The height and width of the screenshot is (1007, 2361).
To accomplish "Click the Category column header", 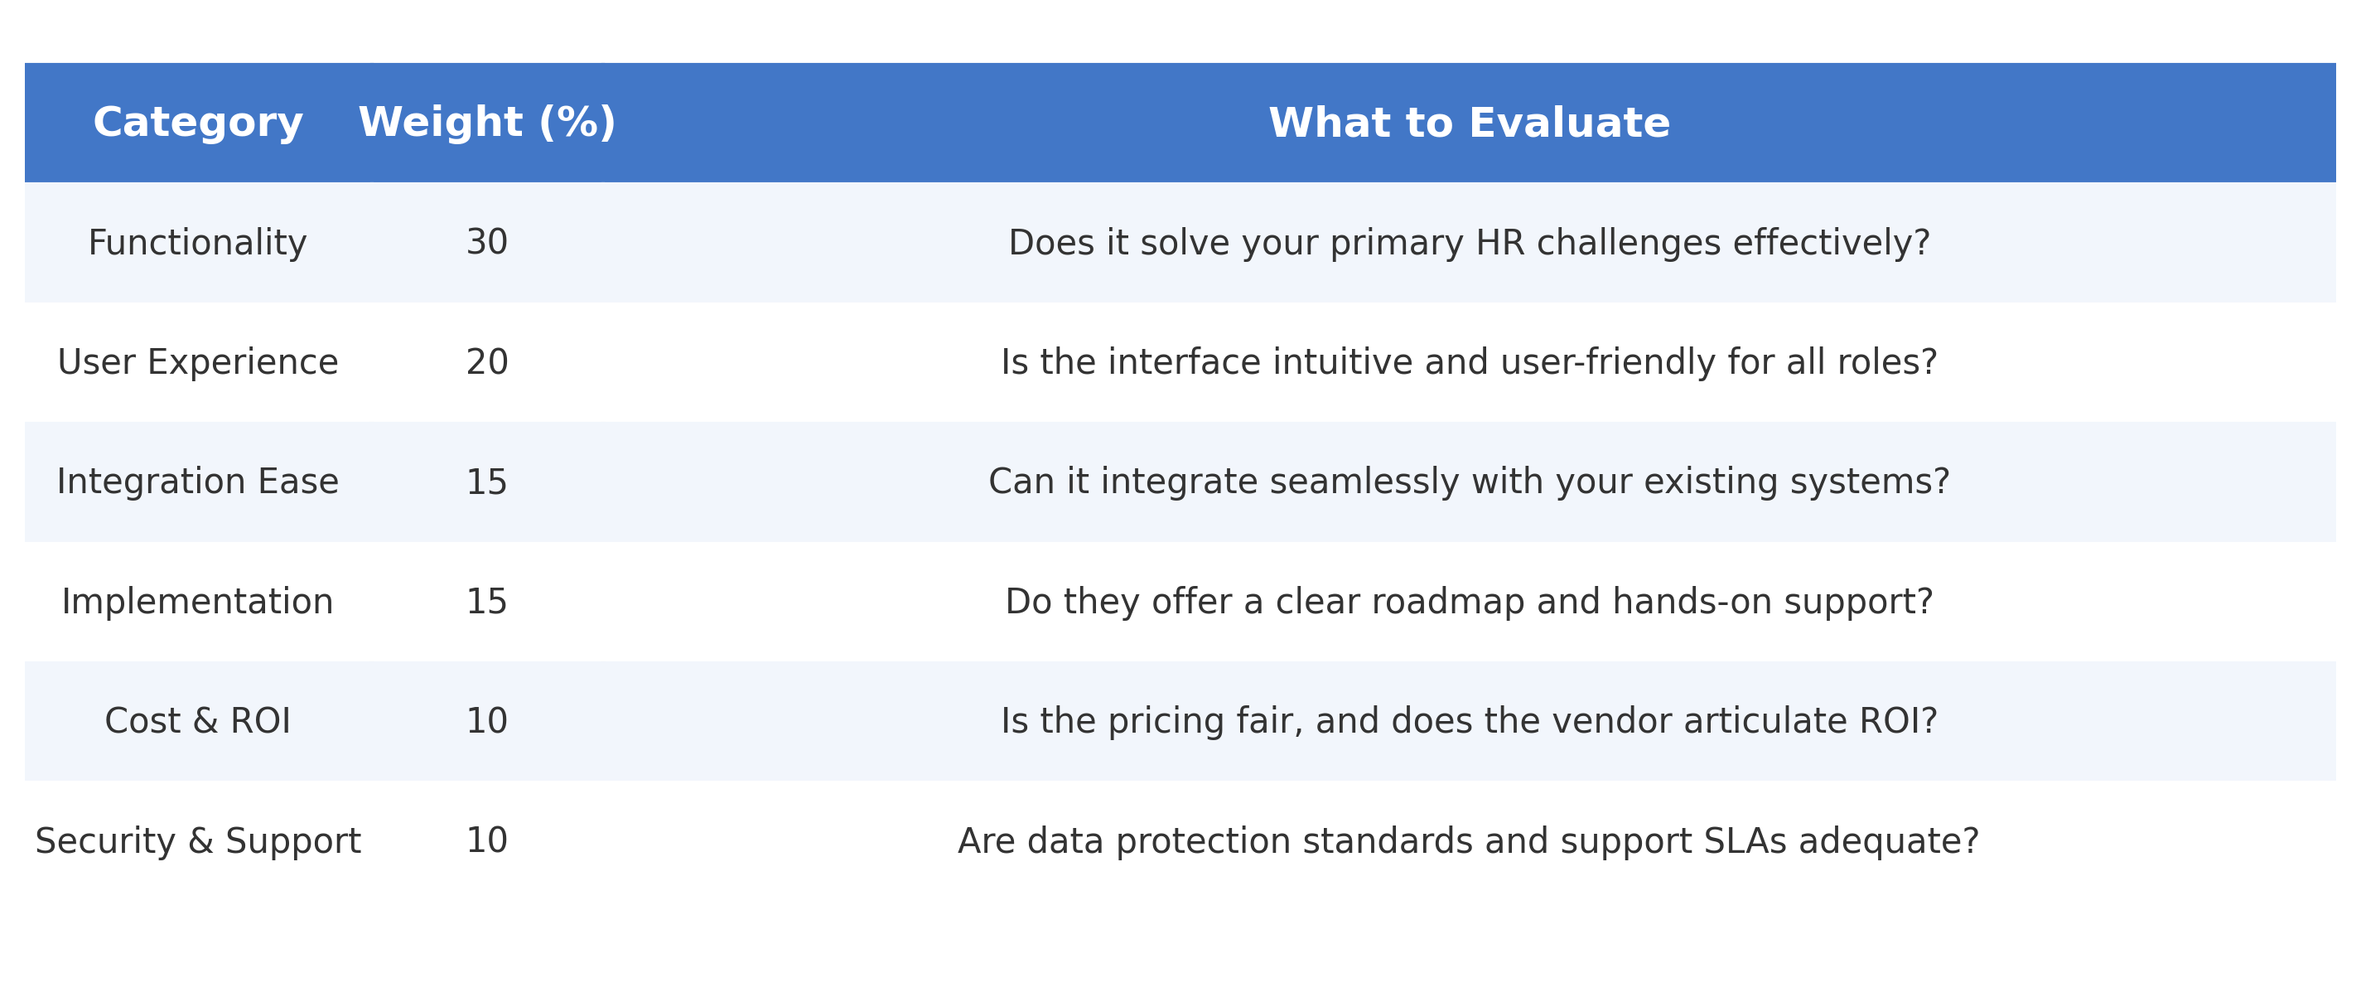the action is pyautogui.click(x=198, y=123).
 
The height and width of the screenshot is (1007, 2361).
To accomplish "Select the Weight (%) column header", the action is pyautogui.click(x=486, y=123).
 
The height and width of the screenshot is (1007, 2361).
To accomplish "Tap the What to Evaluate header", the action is pyautogui.click(x=1470, y=123).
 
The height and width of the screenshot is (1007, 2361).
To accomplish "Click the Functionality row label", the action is pyautogui.click(x=198, y=243).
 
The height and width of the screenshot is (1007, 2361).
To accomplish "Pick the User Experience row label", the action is pyautogui.click(x=198, y=362).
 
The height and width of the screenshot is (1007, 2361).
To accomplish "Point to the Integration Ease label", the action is pyautogui.click(x=198, y=482).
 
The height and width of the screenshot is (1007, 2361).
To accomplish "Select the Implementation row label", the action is pyautogui.click(x=198, y=602).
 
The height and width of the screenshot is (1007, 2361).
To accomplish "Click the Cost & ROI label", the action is pyautogui.click(x=198, y=721).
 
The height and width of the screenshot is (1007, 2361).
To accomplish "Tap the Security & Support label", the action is pyautogui.click(x=198, y=841).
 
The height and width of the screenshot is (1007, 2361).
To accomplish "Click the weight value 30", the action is pyautogui.click(x=486, y=242).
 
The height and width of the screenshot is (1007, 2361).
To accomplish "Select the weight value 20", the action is pyautogui.click(x=486, y=362).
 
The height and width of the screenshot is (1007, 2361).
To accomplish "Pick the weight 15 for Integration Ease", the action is pyautogui.click(x=486, y=482).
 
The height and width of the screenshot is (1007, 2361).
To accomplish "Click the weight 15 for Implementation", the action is pyautogui.click(x=486, y=602).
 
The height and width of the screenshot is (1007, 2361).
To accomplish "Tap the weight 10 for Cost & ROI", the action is pyautogui.click(x=486, y=721).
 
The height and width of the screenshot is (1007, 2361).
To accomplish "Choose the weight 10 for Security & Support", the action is pyautogui.click(x=486, y=840).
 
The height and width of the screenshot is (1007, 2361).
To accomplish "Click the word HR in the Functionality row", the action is pyautogui.click(x=1500, y=243).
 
